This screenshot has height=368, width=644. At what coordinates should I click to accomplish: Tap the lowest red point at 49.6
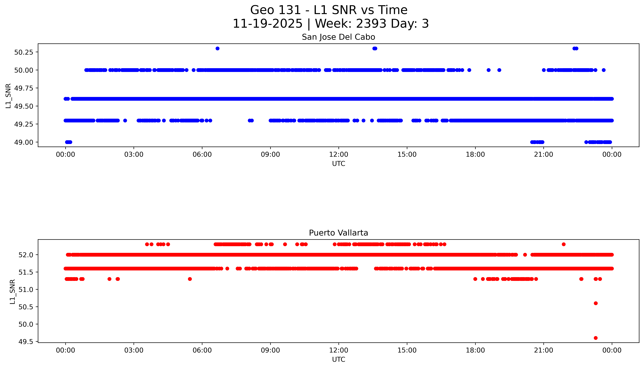[596, 338]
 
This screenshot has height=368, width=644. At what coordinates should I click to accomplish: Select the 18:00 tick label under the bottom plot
[475, 350]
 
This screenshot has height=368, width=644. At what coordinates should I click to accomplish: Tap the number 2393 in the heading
[371, 24]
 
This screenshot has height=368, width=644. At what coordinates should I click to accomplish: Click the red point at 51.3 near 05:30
[190, 279]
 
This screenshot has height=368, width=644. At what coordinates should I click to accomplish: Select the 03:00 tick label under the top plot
[134, 154]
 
